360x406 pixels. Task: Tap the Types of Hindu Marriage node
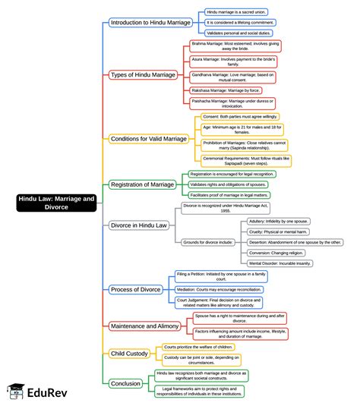(144, 74)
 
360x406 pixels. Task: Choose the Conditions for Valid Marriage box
(149, 139)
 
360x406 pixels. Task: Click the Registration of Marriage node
(143, 184)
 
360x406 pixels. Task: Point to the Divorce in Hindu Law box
(139, 225)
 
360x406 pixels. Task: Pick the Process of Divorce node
(135, 289)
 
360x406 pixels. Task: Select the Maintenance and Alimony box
(145, 326)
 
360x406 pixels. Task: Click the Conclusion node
(126, 383)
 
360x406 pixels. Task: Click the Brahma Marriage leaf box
(234, 49)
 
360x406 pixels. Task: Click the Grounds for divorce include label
(208, 242)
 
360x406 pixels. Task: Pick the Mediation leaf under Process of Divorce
(219, 289)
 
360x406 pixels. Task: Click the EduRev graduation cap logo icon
(14, 392)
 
